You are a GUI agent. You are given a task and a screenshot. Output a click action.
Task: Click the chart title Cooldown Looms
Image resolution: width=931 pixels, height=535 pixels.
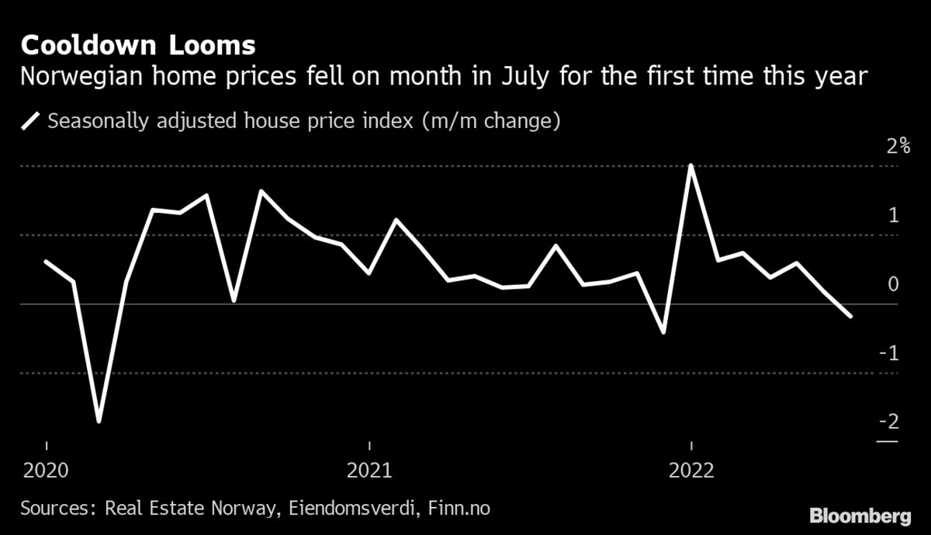(x=138, y=45)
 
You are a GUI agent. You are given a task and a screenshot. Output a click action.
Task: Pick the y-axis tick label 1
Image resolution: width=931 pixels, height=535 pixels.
(x=893, y=215)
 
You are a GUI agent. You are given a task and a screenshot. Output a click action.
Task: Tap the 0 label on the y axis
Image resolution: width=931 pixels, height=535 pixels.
(x=893, y=284)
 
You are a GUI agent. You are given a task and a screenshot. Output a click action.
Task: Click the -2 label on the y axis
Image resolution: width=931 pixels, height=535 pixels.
(x=889, y=422)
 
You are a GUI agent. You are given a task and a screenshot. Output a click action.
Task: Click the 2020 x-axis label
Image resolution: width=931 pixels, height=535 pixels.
(x=47, y=471)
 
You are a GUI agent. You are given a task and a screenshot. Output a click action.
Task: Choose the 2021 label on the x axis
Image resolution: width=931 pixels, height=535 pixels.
(x=369, y=471)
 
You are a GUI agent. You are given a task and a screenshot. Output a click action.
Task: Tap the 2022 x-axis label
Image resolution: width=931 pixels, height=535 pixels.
(x=691, y=471)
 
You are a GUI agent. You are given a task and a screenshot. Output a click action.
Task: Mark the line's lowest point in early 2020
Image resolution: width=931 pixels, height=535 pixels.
(x=99, y=422)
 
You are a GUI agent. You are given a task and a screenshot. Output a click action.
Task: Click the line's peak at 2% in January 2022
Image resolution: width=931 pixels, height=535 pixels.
(x=690, y=165)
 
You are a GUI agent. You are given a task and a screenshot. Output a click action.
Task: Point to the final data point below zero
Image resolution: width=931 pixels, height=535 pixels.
(x=851, y=316)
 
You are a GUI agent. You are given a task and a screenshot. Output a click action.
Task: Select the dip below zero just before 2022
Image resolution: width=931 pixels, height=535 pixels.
(x=663, y=332)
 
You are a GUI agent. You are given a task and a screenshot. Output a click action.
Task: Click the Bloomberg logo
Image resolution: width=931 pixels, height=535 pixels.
(x=860, y=515)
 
